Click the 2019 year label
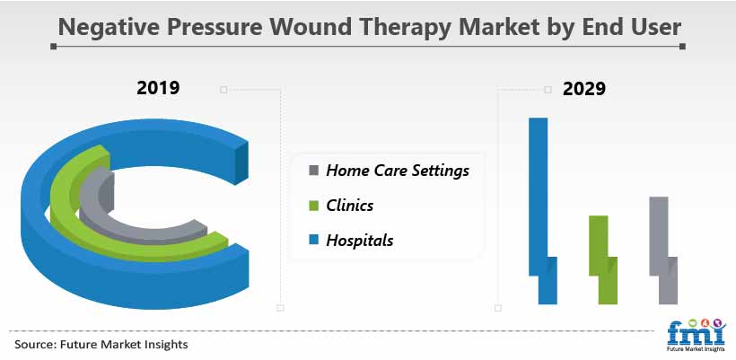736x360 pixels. pyautogui.click(x=158, y=88)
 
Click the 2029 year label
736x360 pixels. pyautogui.click(x=584, y=88)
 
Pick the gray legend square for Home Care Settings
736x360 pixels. pyautogui.click(x=314, y=170)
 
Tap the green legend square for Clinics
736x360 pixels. pyautogui.click(x=314, y=205)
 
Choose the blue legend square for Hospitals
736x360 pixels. pyautogui.click(x=314, y=241)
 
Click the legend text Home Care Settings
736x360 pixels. pyautogui.click(x=398, y=171)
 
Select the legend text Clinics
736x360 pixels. pyautogui.click(x=350, y=205)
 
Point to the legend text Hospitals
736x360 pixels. pyautogui.click(x=360, y=241)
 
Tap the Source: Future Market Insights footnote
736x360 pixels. pyautogui.click(x=101, y=345)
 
